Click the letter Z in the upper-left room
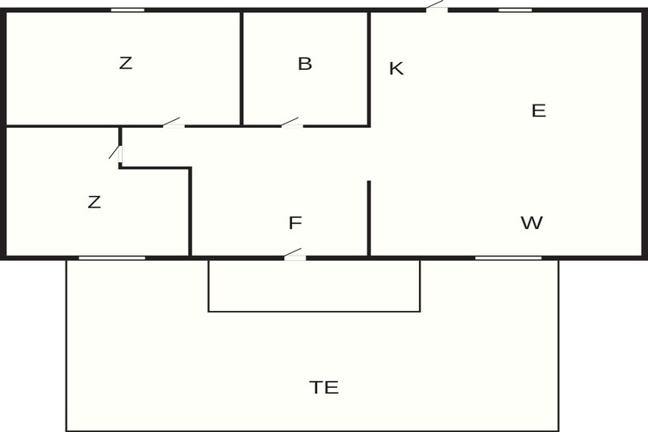tap(125, 63)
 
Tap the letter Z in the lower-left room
tap(94, 202)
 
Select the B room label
tap(305, 64)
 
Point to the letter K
tap(397, 68)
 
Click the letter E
tap(538, 111)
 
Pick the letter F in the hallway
tap(295, 223)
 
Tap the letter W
tap(531, 223)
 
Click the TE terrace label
tap(324, 387)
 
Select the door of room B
tap(292, 124)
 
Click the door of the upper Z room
tap(173, 124)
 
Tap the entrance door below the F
tap(295, 255)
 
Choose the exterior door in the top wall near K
tap(437, 7)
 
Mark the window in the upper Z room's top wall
tap(128, 10)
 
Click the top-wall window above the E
tap(515, 10)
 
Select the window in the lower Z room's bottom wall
tap(112, 258)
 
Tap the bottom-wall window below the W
tap(508, 258)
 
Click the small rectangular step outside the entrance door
tap(314, 286)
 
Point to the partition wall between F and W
tap(369, 219)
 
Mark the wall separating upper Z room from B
tap(241, 68)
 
